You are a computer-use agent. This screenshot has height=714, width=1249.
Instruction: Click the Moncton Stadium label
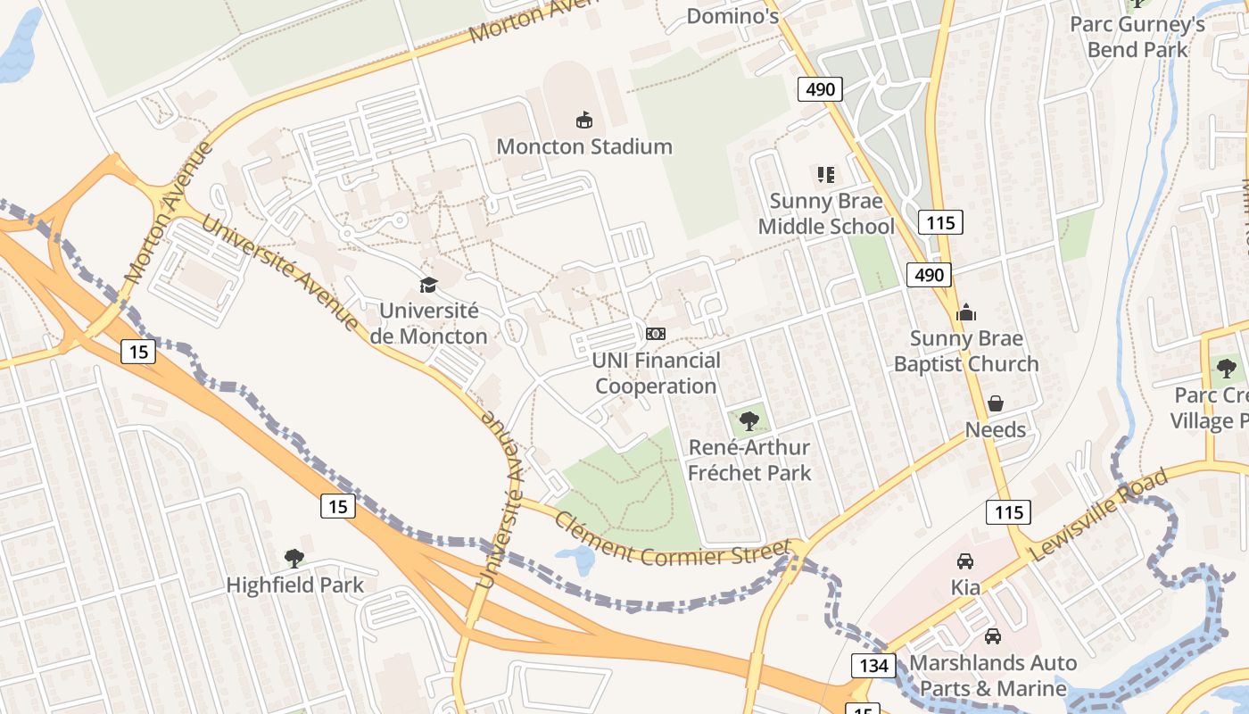coord(584,146)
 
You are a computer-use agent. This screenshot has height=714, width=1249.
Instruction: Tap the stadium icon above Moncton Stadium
coord(584,120)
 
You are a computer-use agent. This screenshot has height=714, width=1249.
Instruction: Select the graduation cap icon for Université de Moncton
coord(429,285)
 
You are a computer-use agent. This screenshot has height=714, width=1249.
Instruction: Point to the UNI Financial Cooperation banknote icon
coord(656,334)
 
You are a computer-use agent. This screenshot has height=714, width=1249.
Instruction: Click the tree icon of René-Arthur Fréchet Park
coord(749,421)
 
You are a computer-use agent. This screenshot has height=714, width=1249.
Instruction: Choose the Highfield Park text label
coord(294,585)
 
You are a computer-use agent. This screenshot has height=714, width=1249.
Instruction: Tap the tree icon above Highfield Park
coord(294,559)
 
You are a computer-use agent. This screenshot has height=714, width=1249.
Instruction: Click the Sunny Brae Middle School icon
coord(825,175)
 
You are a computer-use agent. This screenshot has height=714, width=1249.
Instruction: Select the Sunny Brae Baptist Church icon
coord(966,312)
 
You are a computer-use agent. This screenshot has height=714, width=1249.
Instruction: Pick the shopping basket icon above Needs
coord(996,403)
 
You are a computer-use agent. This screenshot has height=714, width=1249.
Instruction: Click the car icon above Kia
coord(965,561)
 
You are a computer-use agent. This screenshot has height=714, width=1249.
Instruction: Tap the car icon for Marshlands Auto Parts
coord(992,636)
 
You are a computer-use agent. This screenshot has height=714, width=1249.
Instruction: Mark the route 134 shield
coord(873,665)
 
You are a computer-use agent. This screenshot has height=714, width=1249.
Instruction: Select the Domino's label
coord(733,16)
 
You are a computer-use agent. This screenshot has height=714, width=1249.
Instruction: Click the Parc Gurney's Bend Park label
coord(1137,37)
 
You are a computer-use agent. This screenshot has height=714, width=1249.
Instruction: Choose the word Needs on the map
coord(996,430)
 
